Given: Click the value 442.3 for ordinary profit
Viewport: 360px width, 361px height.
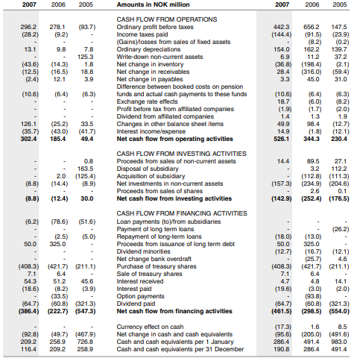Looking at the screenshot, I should click(x=281, y=26).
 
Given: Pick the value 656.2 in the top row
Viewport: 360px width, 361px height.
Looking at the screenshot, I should click(x=312, y=26).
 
